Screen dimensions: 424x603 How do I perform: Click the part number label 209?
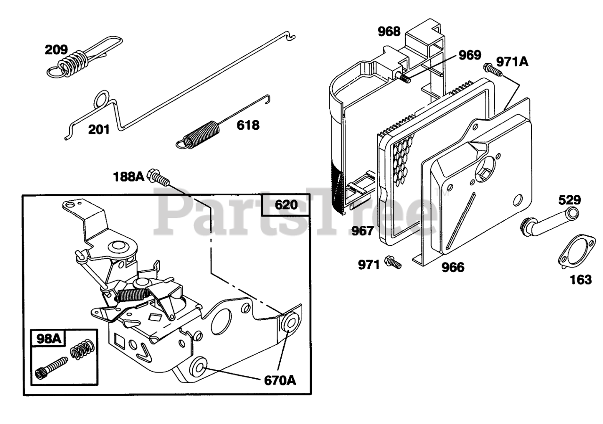[x=57, y=50]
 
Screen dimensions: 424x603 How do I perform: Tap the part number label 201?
[x=99, y=129]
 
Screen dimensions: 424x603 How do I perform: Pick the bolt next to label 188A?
[x=158, y=177]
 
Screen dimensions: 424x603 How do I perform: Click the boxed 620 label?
[x=286, y=205]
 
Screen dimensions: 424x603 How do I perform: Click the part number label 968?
[x=389, y=32]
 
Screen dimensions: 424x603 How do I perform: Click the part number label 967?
[x=362, y=231]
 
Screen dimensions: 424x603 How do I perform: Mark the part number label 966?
[x=453, y=267]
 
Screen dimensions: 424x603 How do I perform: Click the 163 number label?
[x=580, y=279]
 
